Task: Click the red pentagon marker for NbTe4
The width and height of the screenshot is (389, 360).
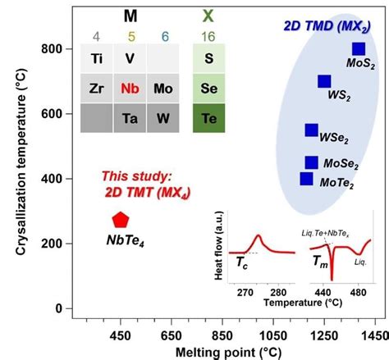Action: [x=120, y=219]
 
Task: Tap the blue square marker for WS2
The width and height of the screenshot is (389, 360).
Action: [x=324, y=81]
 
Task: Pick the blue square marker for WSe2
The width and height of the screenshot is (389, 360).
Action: [x=311, y=130]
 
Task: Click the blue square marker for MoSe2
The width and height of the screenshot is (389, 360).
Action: [x=311, y=162]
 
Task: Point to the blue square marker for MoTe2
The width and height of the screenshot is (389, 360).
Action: [x=306, y=178]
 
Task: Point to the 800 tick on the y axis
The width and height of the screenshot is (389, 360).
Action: [x=52, y=49]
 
